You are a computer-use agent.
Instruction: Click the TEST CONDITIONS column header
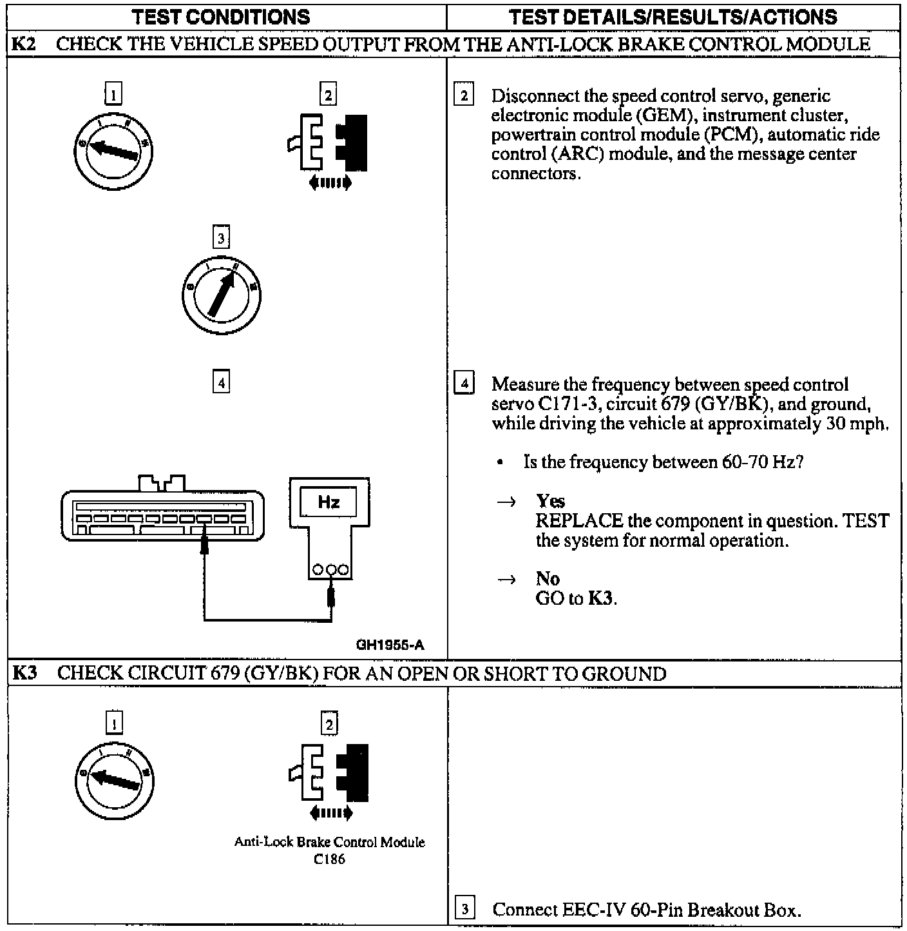pyautogui.click(x=221, y=17)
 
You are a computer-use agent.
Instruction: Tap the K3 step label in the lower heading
pyautogui.click(x=25, y=674)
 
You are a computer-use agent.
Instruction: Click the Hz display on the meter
pyautogui.click(x=329, y=502)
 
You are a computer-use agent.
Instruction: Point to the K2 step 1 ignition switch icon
pyautogui.click(x=113, y=150)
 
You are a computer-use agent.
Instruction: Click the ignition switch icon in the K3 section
pyautogui.click(x=115, y=779)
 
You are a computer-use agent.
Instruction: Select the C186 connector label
pyautogui.click(x=329, y=859)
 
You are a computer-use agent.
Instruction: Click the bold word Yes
pyautogui.click(x=550, y=501)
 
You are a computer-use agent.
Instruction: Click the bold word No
pyautogui.click(x=547, y=578)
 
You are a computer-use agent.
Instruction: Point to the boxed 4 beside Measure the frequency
pyautogui.click(x=464, y=384)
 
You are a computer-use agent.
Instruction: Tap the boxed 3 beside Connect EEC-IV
pyautogui.click(x=464, y=909)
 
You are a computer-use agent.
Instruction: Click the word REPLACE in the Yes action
pyautogui.click(x=579, y=521)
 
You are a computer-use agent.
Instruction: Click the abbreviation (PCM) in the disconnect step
pyautogui.click(x=732, y=135)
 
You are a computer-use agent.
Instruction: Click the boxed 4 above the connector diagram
pyautogui.click(x=221, y=383)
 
